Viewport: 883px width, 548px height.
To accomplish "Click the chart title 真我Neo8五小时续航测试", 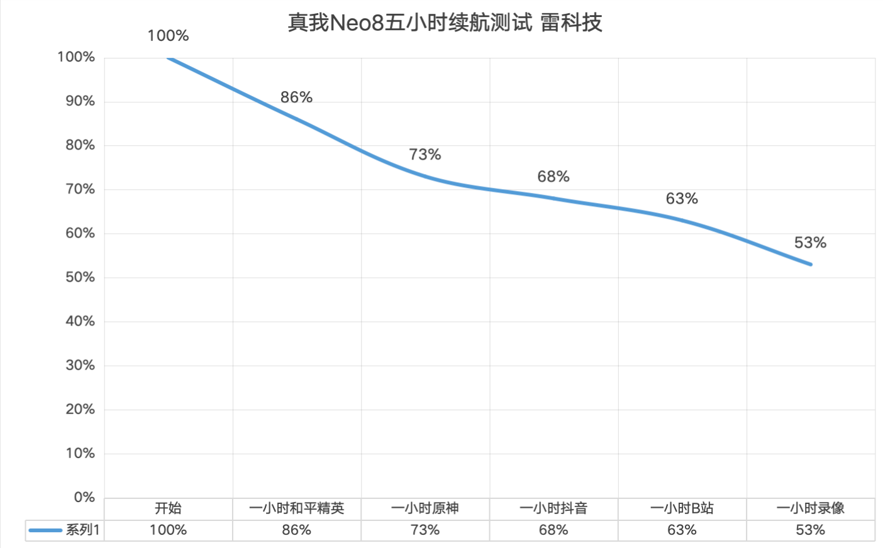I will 410,23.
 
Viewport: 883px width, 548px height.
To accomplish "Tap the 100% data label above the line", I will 168,36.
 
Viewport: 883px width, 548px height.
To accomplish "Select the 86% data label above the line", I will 296,97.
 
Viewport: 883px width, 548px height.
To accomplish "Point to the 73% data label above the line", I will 425,155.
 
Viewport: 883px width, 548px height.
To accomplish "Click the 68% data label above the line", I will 553,177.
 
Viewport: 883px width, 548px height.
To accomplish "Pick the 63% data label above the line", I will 682,199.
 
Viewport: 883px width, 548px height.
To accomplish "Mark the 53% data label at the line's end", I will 810,243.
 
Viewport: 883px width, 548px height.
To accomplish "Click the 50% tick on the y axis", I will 80,277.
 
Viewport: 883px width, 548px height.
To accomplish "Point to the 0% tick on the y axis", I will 84,497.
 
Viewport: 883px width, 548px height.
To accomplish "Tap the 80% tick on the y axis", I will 80,145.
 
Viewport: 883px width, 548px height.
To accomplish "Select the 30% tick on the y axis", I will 80,365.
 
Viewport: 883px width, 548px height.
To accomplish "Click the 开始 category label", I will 168,508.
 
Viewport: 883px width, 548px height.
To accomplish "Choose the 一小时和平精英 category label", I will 296,508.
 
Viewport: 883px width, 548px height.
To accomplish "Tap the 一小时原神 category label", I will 425,508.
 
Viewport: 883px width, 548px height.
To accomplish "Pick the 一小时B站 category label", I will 682,508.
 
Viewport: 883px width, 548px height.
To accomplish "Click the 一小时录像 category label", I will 810,508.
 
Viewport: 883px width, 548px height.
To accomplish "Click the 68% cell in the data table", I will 553,530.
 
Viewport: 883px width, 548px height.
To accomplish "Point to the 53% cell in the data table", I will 810,530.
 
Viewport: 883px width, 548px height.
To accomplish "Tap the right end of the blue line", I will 811,265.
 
